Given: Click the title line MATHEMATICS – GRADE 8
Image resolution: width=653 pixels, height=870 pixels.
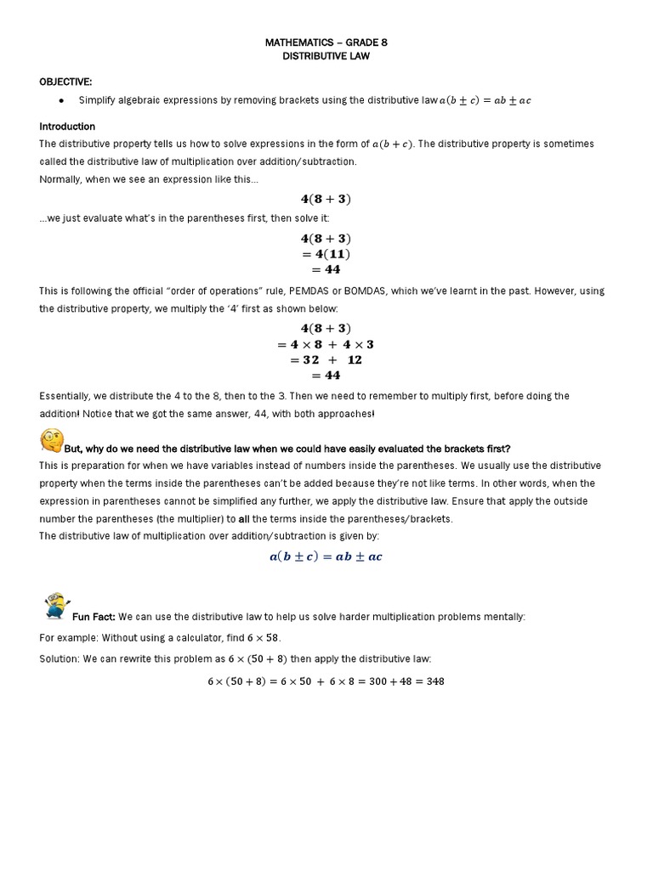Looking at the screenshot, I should coord(326,42).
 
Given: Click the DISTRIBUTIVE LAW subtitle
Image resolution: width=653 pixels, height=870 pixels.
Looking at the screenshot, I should coord(326,56).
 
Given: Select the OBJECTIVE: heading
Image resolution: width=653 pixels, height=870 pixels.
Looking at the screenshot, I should coord(65,82).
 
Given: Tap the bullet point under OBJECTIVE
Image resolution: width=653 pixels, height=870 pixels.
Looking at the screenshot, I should coord(62,101).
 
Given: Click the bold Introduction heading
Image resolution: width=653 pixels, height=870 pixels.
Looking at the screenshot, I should coord(67,127).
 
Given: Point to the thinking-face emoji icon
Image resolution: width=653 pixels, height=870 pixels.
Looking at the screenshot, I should coord(52,441).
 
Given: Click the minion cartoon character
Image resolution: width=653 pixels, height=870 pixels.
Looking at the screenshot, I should coord(56,607).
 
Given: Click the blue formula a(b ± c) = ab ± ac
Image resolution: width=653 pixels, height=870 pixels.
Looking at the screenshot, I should coord(326,556).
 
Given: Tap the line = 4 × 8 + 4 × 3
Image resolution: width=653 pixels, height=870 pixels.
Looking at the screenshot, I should coord(326,344).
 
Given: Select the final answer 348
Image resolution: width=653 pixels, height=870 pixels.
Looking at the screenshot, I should coord(435,681).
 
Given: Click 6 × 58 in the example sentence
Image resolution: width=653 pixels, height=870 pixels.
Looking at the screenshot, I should coord(263,637).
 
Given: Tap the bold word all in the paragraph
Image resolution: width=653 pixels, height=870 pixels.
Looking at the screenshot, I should coord(243,518).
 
